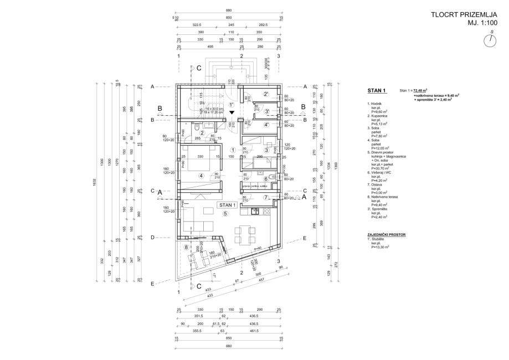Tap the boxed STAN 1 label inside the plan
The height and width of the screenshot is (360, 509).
tap(228, 205)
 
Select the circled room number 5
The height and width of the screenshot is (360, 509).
tap(225, 214)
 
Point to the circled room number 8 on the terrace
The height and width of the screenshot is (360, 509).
tap(187, 248)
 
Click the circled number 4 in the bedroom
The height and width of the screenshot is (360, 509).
tap(202, 176)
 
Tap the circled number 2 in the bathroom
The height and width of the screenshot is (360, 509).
tap(203, 133)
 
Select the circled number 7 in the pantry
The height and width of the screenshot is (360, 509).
tap(266, 197)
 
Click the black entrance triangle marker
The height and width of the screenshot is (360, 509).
tap(233, 112)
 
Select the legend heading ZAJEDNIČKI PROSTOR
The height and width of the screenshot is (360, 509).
tap(387, 235)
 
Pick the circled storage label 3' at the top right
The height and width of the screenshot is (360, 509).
tap(266, 111)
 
